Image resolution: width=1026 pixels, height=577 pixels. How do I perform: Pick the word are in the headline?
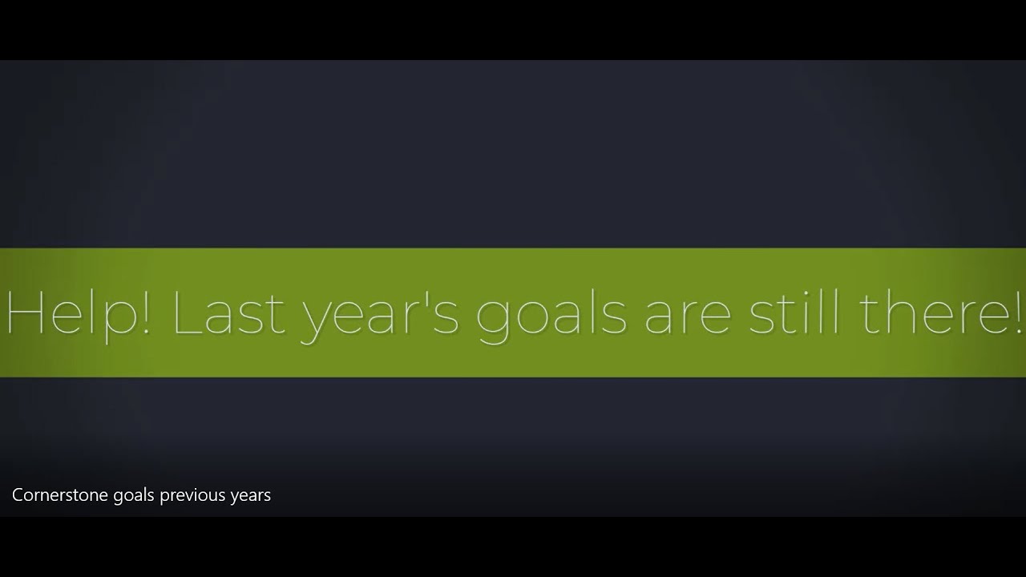(688, 317)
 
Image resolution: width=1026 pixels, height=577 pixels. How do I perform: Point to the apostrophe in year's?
(427, 298)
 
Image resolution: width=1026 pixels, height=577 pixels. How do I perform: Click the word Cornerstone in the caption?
(60, 495)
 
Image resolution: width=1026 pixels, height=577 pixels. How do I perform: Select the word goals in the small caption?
(134, 496)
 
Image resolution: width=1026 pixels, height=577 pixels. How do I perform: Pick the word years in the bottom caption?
(251, 496)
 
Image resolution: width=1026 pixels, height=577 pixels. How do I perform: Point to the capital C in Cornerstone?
(18, 495)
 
